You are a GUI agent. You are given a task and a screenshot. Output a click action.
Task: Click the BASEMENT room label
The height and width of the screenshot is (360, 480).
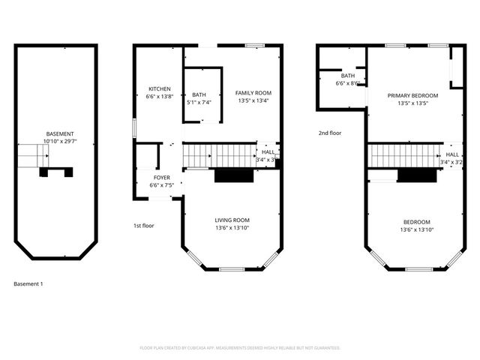59,134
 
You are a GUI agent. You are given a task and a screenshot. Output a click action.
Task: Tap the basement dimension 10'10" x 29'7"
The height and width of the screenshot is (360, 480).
59,141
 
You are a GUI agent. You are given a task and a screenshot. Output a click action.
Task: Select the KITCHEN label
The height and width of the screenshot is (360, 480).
159,89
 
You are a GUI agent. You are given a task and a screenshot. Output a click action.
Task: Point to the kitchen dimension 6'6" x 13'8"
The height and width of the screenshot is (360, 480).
159,96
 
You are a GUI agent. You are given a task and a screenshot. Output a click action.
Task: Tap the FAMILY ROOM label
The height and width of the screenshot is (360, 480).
253,93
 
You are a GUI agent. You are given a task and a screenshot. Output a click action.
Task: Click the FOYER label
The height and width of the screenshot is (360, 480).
162,178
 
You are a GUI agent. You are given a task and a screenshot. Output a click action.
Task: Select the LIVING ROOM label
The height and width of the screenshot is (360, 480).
231,220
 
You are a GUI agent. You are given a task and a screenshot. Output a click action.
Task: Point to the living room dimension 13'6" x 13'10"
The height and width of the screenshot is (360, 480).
231,227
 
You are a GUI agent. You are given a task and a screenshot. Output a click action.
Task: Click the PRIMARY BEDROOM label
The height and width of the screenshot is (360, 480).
412,96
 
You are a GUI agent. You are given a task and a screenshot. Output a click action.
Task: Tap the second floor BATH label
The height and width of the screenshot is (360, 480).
348,76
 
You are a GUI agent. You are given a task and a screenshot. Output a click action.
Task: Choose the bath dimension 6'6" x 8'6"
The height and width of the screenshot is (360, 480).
348,82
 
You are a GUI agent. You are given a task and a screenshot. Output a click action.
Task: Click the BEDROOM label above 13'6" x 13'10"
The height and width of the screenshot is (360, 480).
417,222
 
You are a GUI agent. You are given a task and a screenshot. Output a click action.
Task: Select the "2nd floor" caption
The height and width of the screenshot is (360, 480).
330,133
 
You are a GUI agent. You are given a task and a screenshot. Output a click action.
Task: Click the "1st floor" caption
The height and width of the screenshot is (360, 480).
144,225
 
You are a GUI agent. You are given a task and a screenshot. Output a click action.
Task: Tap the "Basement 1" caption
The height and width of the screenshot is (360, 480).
29,284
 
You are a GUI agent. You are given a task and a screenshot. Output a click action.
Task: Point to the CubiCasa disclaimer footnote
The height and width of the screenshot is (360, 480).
240,348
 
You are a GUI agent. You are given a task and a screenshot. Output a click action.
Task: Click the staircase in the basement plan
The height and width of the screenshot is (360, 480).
32,155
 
